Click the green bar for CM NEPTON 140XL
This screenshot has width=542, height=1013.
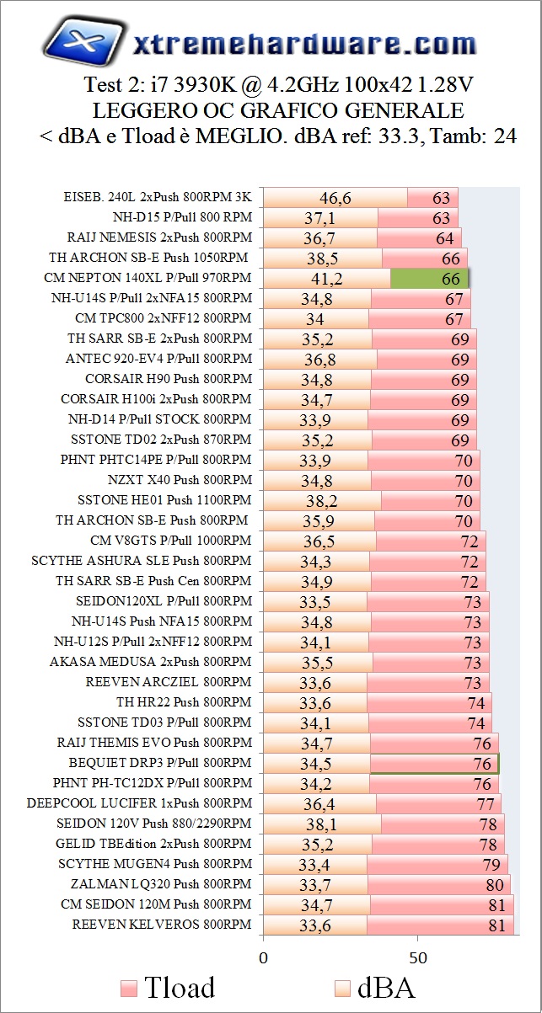click(429, 278)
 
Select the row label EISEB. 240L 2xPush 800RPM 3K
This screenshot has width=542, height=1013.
click(158, 197)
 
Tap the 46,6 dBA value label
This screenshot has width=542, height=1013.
click(335, 198)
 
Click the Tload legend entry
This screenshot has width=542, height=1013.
click(168, 987)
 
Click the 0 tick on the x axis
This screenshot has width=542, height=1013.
click(263, 957)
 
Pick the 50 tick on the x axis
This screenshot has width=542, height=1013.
click(417, 957)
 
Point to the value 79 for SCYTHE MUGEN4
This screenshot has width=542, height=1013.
click(491, 865)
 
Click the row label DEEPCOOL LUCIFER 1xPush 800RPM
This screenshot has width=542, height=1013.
click(139, 803)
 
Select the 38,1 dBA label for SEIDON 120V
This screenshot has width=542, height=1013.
click(320, 824)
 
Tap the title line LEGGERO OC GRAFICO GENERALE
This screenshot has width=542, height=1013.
click(271, 111)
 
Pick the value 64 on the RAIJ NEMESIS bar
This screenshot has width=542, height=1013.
click(445, 238)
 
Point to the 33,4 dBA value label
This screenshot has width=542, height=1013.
click(314, 865)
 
